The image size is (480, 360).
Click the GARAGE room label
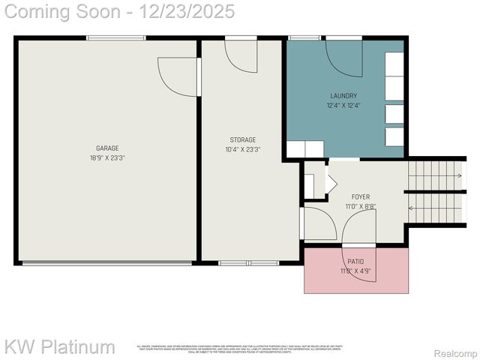click(107, 148)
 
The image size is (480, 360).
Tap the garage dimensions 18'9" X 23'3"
click(107, 158)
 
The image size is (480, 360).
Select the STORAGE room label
click(242, 139)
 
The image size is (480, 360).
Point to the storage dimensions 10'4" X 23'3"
click(242, 149)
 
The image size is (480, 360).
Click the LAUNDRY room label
click(343, 96)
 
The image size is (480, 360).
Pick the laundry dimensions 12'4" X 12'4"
click(343, 106)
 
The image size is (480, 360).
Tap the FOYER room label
click(361, 197)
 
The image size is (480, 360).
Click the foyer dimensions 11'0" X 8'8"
click(361, 207)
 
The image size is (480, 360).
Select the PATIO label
click(355, 262)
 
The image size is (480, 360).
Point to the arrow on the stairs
click(455, 175)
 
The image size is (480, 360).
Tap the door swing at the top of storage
click(241, 55)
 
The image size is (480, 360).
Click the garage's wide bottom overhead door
click(106, 262)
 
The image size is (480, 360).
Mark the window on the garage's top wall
click(105, 37)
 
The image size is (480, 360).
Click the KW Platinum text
click(60, 347)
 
